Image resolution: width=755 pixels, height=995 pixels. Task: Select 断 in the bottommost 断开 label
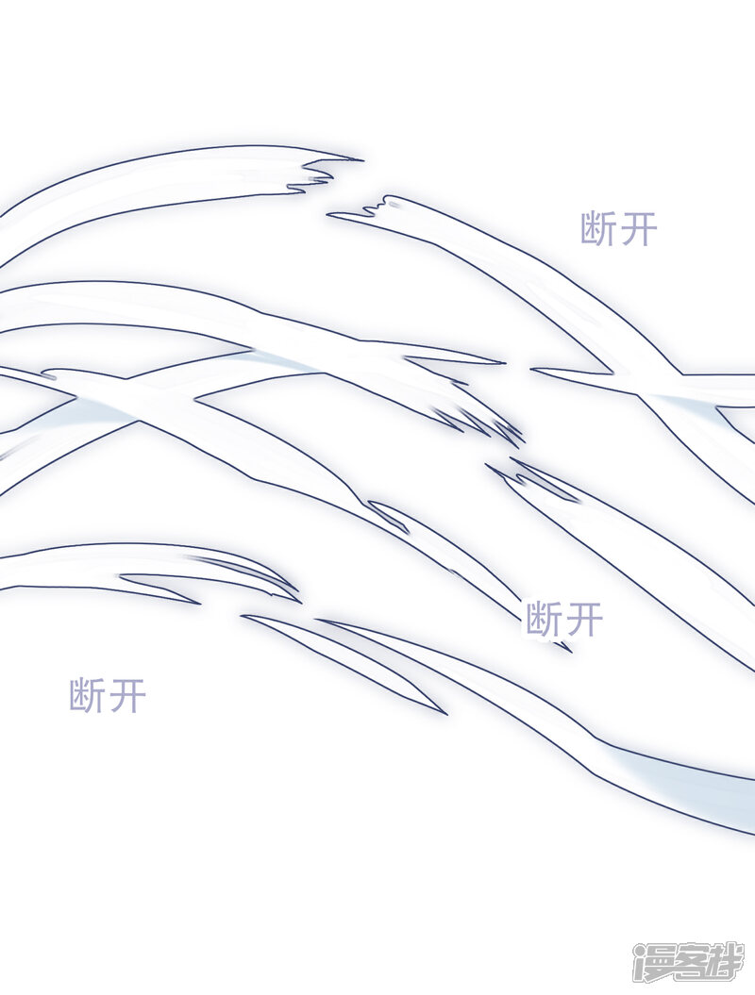(x=87, y=695)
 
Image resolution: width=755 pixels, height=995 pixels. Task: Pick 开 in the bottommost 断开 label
(x=127, y=695)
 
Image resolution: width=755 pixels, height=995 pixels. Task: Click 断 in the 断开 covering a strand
(x=545, y=619)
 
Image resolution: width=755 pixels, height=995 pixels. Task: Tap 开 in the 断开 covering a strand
(x=584, y=619)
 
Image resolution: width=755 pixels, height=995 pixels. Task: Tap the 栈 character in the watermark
(x=723, y=961)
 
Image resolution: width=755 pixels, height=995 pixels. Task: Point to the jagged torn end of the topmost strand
(x=317, y=174)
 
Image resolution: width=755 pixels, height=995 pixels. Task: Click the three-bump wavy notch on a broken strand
(x=379, y=206)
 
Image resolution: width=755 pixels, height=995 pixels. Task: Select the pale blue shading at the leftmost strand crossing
(x=102, y=411)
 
